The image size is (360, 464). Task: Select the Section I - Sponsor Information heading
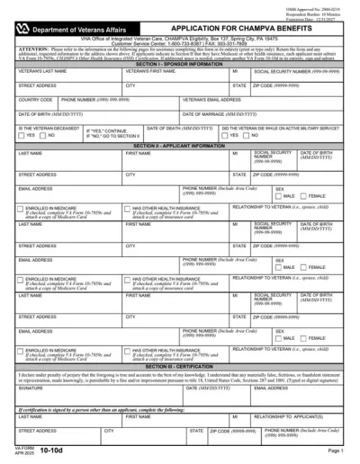point(179,66)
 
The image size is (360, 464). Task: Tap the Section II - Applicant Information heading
point(179,145)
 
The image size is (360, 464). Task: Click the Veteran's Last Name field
point(68,76)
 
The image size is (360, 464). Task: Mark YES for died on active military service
point(226,136)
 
